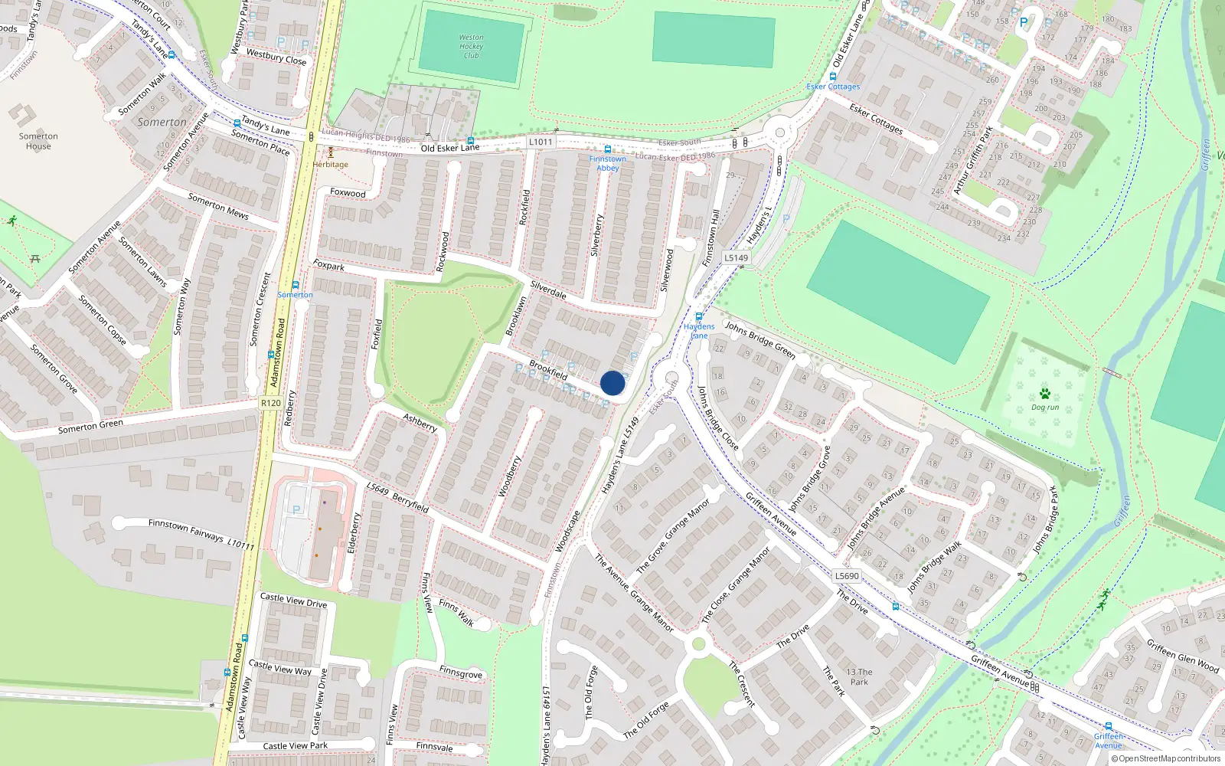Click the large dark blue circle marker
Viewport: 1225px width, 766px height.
(x=612, y=383)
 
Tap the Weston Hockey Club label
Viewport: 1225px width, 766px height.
(x=471, y=47)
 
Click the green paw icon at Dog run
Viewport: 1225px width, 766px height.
(x=1045, y=394)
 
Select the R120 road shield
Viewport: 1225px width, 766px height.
(x=270, y=403)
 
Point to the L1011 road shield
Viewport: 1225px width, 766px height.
(x=541, y=142)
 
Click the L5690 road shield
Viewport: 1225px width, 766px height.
(x=847, y=576)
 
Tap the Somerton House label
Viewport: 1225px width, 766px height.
(x=38, y=141)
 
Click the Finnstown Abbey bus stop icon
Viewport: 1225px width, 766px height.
(x=608, y=149)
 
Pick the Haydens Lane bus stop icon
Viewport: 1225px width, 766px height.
(x=698, y=316)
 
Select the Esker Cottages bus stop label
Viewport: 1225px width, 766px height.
(x=833, y=87)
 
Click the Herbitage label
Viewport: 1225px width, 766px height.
(x=330, y=164)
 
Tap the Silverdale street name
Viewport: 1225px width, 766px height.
(x=548, y=290)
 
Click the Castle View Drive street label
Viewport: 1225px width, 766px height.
(x=293, y=601)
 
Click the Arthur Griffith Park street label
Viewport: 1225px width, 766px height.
(x=972, y=159)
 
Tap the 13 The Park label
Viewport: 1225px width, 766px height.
(x=859, y=677)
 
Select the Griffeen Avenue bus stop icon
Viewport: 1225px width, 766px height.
(x=1108, y=725)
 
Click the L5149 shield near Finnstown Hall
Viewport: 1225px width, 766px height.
(x=736, y=258)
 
